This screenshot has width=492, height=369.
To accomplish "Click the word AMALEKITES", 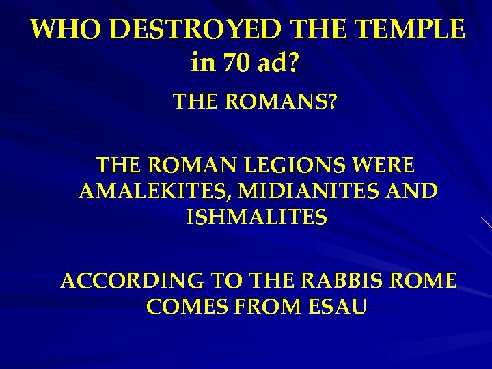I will pos(154,191).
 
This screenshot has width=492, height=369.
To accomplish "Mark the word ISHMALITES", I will pos(256,217).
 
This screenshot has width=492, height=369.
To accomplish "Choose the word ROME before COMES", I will pos(423,281).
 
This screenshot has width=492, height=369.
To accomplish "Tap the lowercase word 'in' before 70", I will pos(203,64).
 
